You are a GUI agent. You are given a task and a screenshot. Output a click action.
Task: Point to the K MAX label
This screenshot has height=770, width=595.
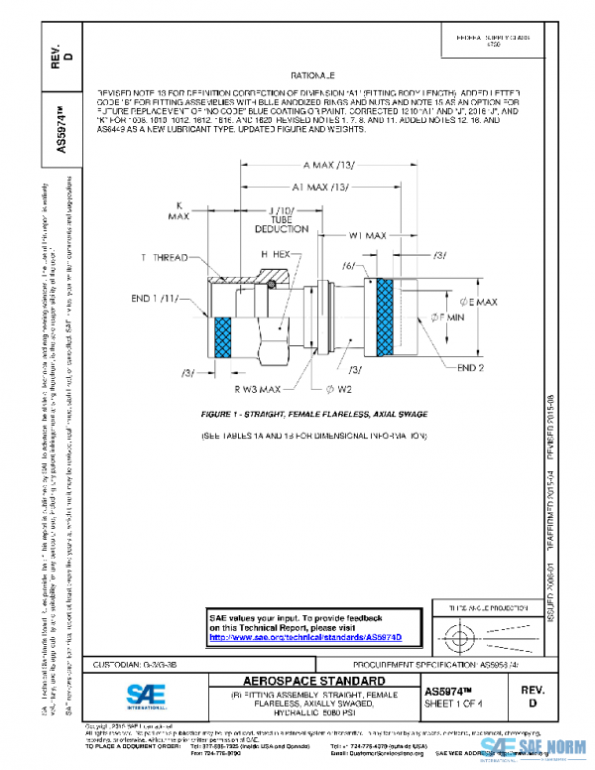[x=179, y=209]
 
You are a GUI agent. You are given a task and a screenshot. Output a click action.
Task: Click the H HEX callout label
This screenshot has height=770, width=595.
[x=273, y=256]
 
